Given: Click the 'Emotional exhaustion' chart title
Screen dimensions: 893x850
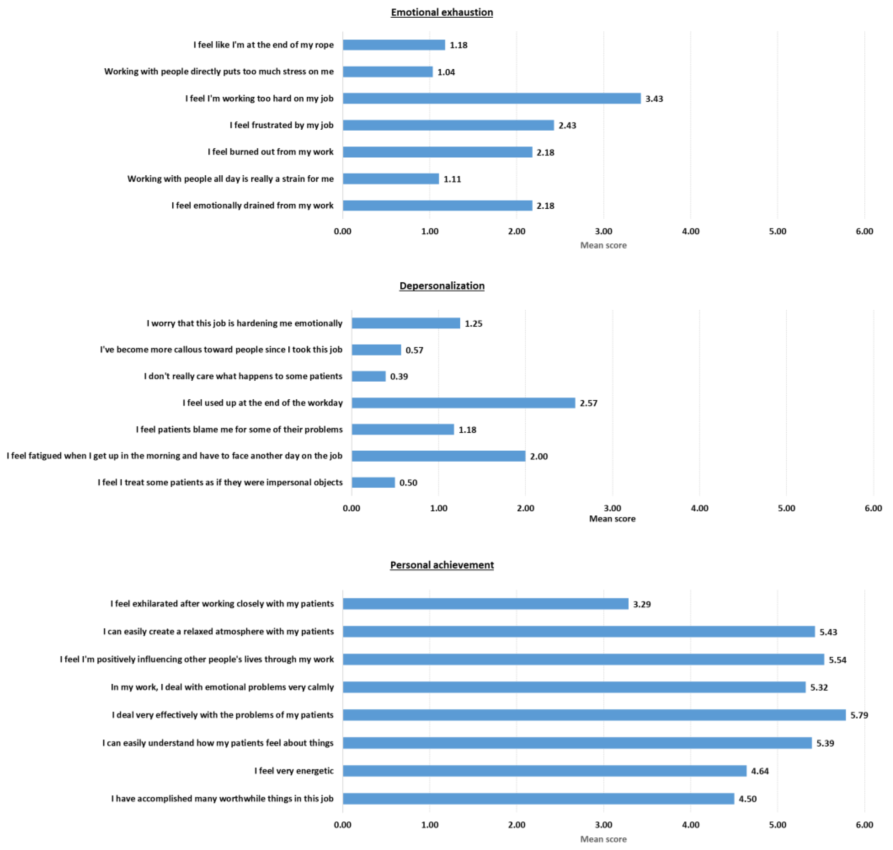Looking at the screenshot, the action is pyautogui.click(x=442, y=12).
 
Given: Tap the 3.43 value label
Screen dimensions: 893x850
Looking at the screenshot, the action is pyautogui.click(x=654, y=99).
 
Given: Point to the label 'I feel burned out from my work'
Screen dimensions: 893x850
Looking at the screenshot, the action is pyautogui.click(x=270, y=152).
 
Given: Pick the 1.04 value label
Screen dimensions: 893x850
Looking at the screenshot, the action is pyautogui.click(x=446, y=72).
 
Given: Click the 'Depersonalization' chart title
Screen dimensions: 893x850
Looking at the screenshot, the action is pyautogui.click(x=442, y=286).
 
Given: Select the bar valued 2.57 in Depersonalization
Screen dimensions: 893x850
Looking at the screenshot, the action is pyautogui.click(x=463, y=403).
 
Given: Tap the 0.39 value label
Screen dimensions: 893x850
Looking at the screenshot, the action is pyautogui.click(x=399, y=376).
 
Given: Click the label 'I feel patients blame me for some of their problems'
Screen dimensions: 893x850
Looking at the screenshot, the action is pyautogui.click(x=239, y=429).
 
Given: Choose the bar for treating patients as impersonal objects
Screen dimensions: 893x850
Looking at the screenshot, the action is pyautogui.click(x=373, y=483).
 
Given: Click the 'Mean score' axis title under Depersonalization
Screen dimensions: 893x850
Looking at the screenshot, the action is pyautogui.click(x=612, y=519).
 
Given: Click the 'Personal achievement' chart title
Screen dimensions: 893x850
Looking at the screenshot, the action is pyautogui.click(x=442, y=565).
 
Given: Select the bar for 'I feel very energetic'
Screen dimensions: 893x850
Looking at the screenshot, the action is pyautogui.click(x=544, y=771).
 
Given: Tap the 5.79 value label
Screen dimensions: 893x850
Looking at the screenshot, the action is pyautogui.click(x=859, y=716).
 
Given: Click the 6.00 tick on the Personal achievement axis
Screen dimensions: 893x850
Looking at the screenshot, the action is pyautogui.click(x=864, y=825).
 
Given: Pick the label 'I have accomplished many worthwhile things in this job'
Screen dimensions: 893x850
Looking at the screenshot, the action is pyautogui.click(x=222, y=799).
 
